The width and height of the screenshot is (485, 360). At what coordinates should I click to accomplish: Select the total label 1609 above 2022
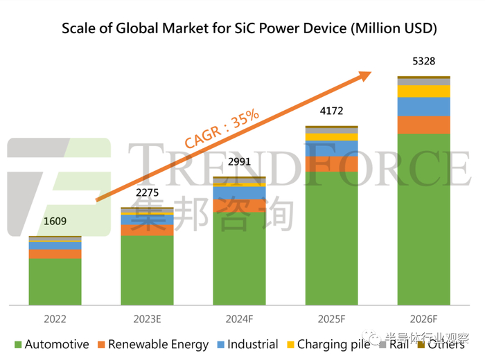point(55,222)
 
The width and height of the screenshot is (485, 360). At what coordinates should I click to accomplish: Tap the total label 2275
point(147,193)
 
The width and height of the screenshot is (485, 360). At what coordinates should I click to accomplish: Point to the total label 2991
point(239,163)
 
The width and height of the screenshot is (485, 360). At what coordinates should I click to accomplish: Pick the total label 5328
point(423,62)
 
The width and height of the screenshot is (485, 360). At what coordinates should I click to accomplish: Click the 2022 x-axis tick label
point(55,319)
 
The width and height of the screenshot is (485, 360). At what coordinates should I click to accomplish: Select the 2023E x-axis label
point(147,319)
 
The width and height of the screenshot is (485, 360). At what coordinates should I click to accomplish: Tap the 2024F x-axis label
point(239,319)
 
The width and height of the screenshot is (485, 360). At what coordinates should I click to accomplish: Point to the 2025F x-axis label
point(331,319)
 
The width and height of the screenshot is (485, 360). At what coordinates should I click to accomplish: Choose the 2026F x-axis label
point(423,319)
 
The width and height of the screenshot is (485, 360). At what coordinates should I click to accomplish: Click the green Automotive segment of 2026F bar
point(423,218)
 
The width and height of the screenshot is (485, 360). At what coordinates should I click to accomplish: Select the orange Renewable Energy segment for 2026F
point(423,125)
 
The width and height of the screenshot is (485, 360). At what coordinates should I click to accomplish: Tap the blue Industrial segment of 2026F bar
point(423,107)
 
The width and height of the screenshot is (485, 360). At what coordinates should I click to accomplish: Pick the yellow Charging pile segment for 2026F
point(423,91)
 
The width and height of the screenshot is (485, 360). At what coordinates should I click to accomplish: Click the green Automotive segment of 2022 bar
point(55,281)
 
